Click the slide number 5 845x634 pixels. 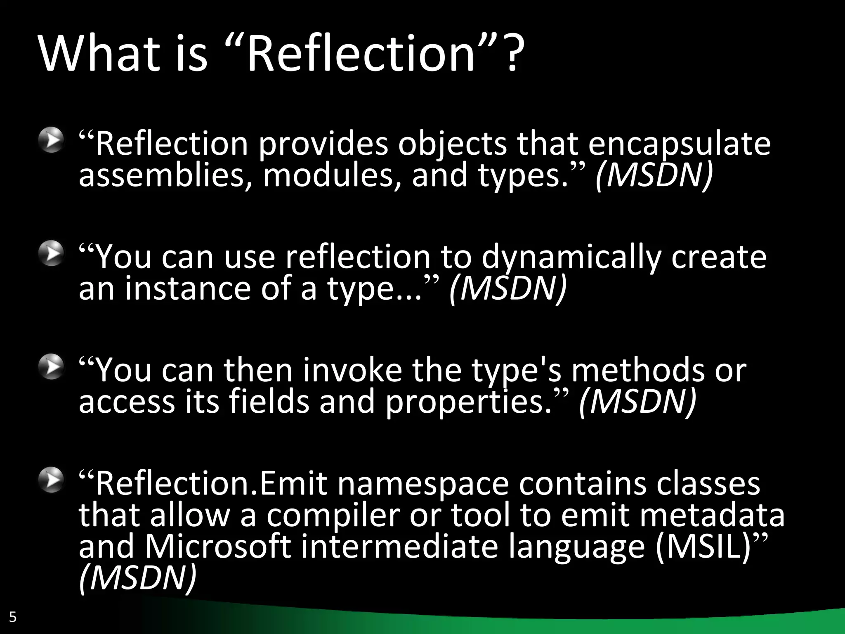tap(13, 617)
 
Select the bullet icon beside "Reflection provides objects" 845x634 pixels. tap(51, 140)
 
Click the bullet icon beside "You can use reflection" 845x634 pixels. tap(51, 253)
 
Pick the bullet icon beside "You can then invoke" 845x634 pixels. tap(51, 367)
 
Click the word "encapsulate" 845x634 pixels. tap(679, 144)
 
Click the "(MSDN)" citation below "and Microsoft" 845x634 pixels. tap(137, 578)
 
